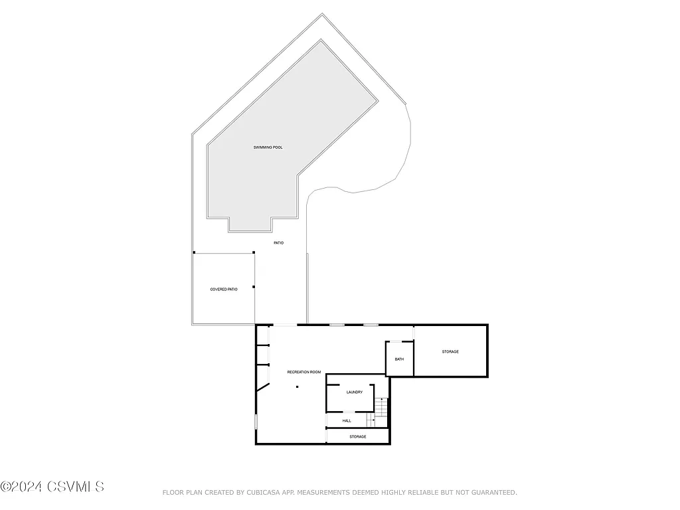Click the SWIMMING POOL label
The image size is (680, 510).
tap(268, 147)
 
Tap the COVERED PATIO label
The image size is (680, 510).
tap(224, 289)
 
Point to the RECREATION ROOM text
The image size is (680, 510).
tap(304, 372)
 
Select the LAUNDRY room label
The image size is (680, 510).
tap(355, 392)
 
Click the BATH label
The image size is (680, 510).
tap(399, 359)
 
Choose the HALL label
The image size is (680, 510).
tap(347, 420)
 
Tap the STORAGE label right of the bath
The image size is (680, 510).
tap(450, 351)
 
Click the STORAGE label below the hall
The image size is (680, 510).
tap(358, 436)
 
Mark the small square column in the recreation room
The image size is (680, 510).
tap(297, 386)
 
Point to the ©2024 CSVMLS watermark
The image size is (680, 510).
tap(52, 487)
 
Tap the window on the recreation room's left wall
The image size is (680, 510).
tap(256, 421)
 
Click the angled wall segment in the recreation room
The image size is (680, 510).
tap(263, 387)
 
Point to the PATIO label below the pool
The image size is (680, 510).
tap(279, 243)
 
